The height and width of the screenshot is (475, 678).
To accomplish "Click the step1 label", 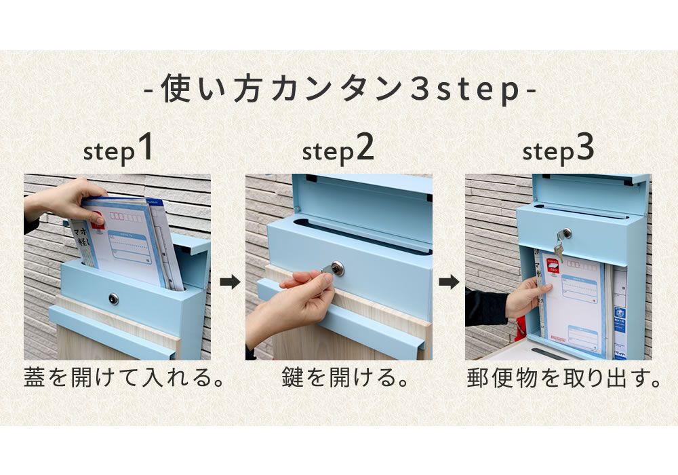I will (x=118, y=151).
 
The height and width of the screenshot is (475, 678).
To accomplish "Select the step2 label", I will (x=338, y=151).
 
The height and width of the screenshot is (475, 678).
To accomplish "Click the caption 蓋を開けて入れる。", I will (x=124, y=378).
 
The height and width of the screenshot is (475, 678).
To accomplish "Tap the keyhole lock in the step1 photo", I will (x=114, y=299).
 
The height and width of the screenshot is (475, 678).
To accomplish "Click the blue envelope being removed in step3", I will (x=573, y=305).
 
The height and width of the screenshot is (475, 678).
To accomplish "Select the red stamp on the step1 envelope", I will (x=98, y=218).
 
